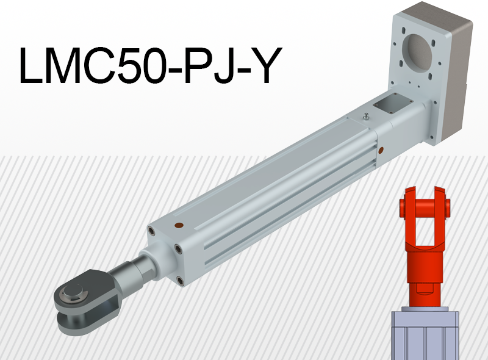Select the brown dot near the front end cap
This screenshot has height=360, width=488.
click(x=178, y=225)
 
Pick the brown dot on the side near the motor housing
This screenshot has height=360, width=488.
click(x=381, y=149)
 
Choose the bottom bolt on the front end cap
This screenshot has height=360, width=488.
click(x=181, y=281)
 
